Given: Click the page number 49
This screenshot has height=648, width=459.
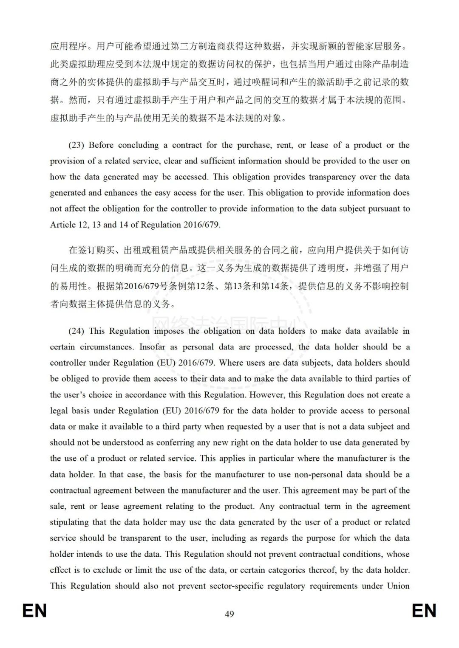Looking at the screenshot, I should pyautogui.click(x=229, y=614).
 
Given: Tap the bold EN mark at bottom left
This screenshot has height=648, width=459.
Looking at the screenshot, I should pyautogui.click(x=34, y=611).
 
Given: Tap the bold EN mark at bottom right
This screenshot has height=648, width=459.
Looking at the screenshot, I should pyautogui.click(x=424, y=611).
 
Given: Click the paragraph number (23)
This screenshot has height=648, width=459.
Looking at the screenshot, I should pyautogui.click(x=76, y=145).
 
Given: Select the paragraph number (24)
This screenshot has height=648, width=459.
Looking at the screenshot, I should pyautogui.click(x=76, y=331).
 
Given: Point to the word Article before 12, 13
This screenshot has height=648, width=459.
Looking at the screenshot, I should pyautogui.click(x=62, y=225).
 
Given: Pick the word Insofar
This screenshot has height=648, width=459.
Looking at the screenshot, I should pyautogui.click(x=152, y=347).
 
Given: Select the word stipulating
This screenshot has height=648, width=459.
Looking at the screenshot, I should pyautogui.click(x=69, y=522).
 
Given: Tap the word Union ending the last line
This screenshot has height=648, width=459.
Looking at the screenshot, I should pyautogui.click(x=398, y=586).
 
